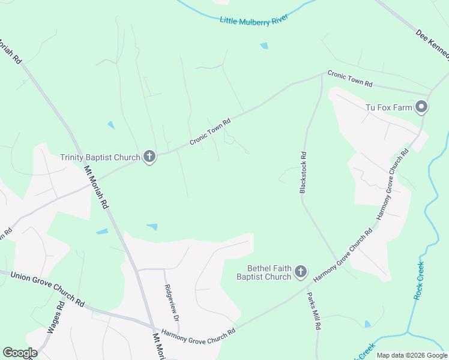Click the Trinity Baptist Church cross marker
coord(149,157)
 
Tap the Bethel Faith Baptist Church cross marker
coord(301,273)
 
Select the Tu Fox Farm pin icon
coord(421,107)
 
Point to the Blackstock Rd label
coord(303,172)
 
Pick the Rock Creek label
coord(419,281)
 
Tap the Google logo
coord(20,353)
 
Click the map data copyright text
coord(411,355)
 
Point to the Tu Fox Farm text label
coord(390,108)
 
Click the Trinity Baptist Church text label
coord(100,158)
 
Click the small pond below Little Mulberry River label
coord(264,46)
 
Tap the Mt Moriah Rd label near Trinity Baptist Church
coord(96,187)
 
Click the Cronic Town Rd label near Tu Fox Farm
coord(350,78)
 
